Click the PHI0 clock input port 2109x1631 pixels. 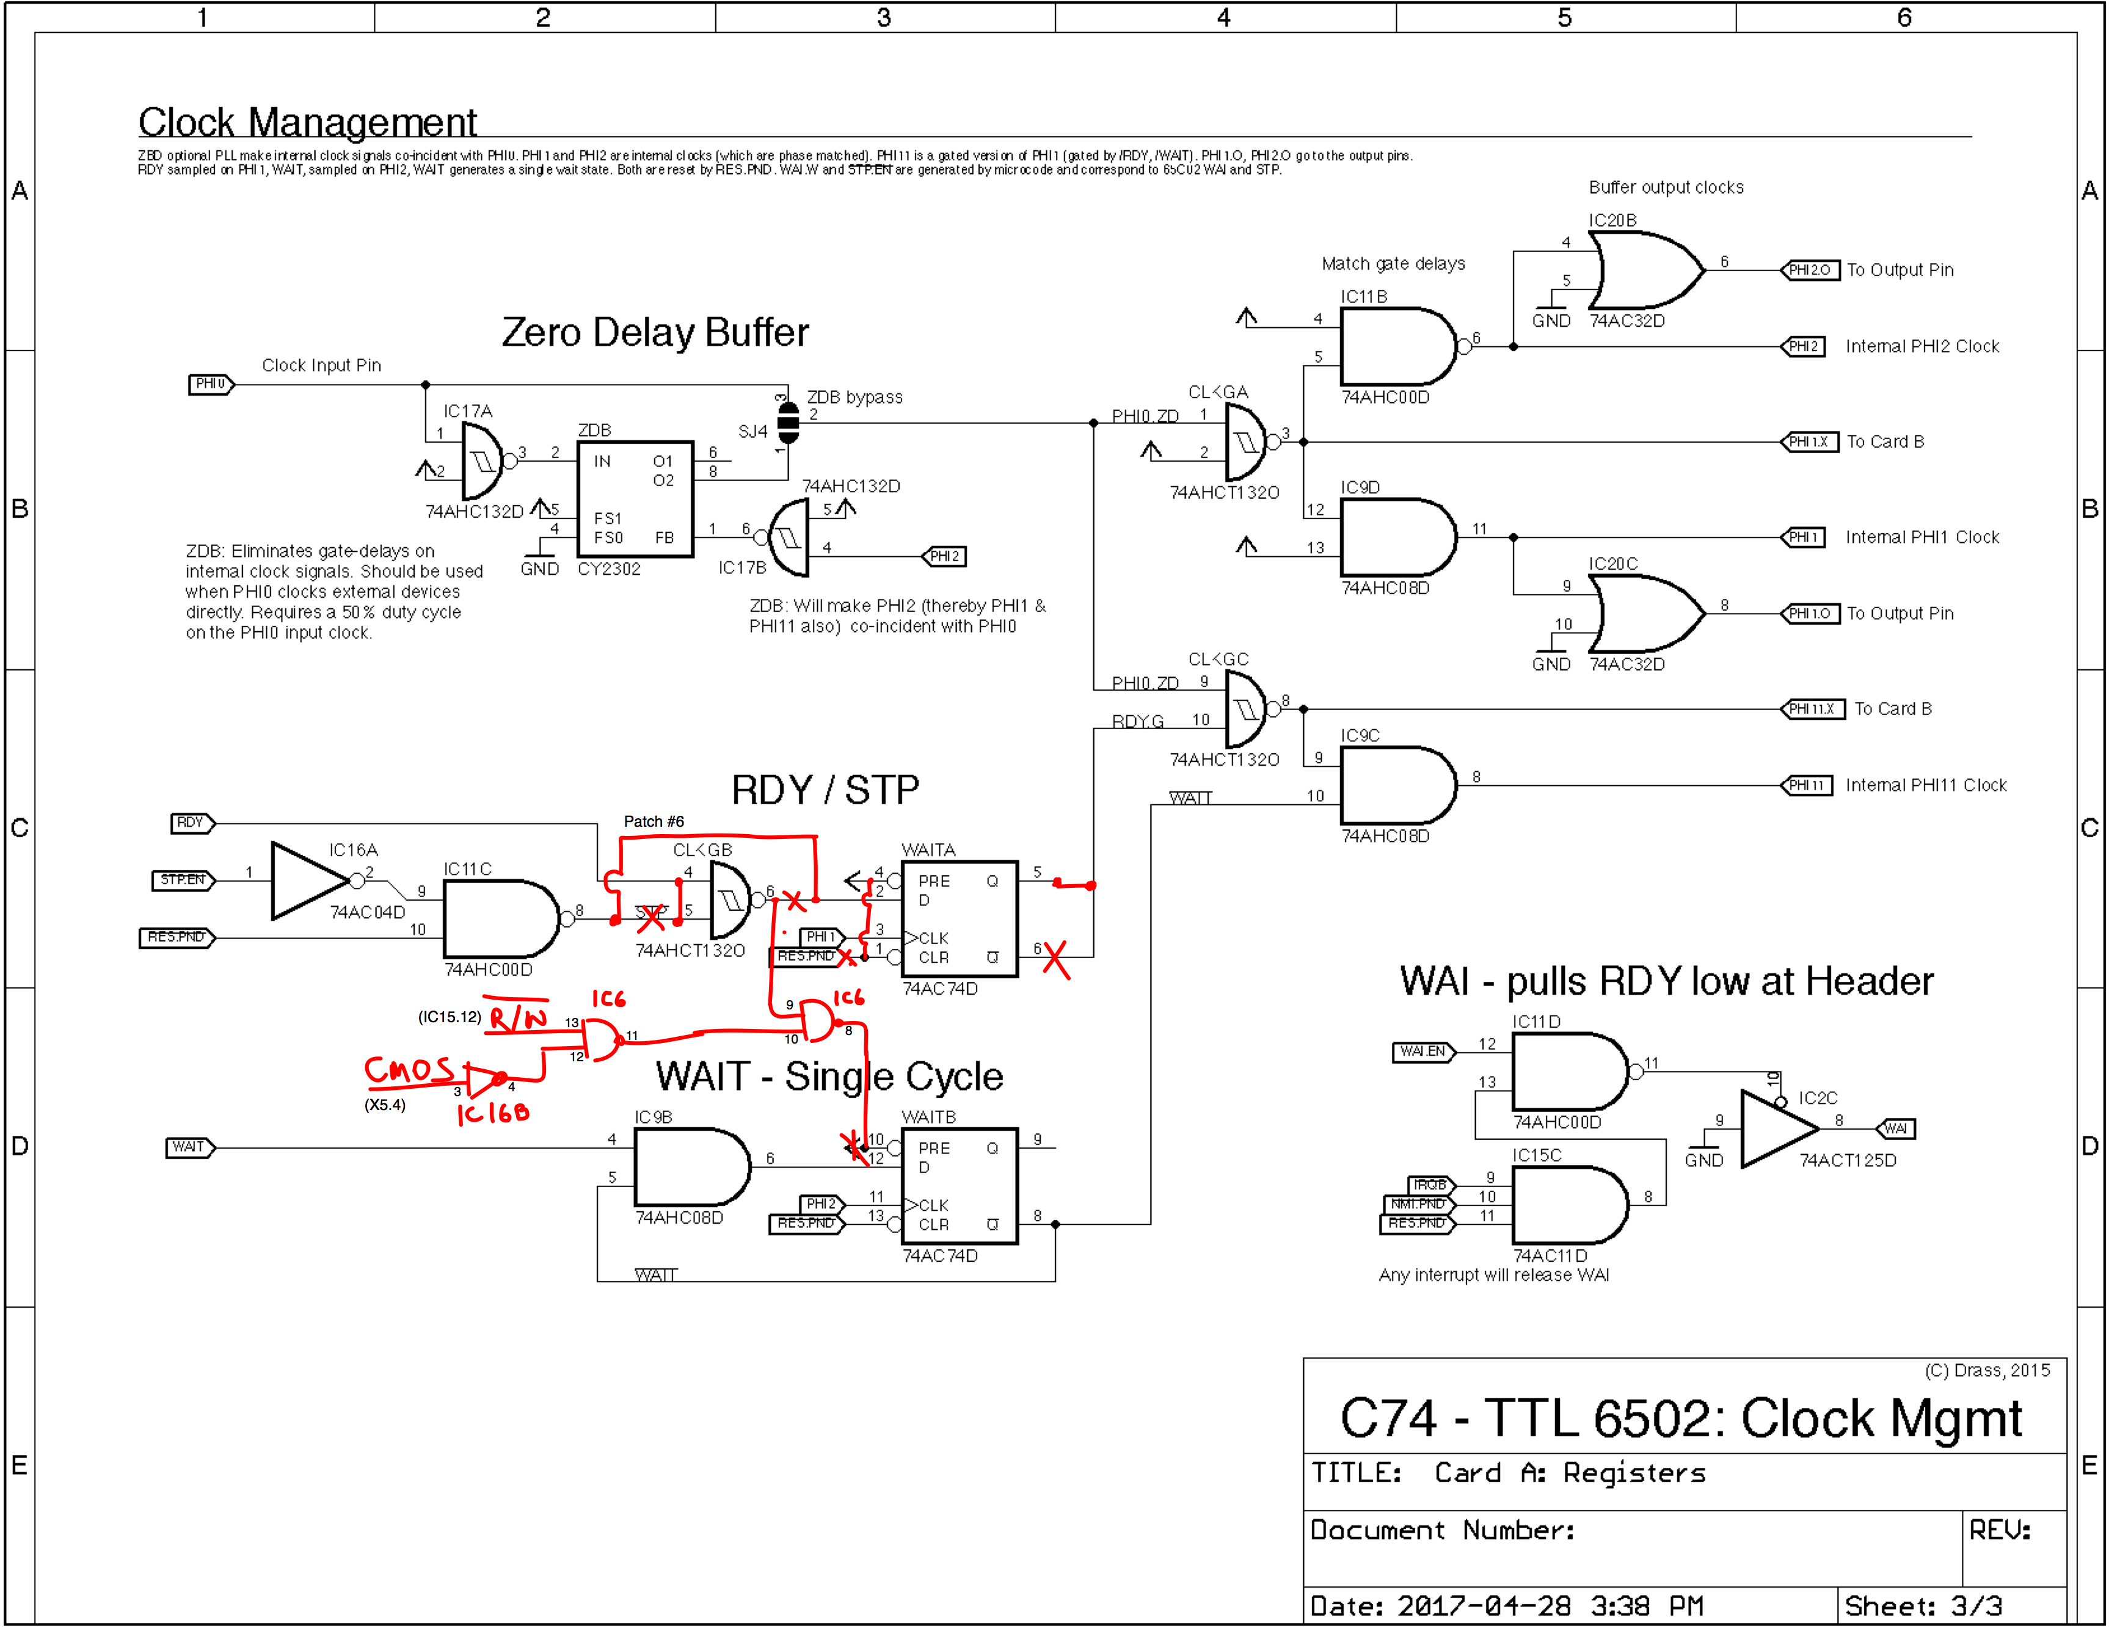209,384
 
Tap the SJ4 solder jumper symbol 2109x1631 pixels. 788,423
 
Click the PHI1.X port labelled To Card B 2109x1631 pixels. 1808,442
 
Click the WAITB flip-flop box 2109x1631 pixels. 958,1186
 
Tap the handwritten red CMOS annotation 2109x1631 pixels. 409,1069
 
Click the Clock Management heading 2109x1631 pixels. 307,123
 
